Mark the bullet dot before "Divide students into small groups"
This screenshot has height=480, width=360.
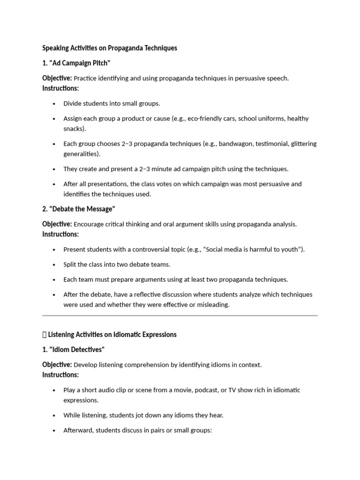[x=54, y=104]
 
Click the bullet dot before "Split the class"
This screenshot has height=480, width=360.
[x=54, y=265]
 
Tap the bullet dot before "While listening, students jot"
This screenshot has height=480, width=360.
[x=54, y=416]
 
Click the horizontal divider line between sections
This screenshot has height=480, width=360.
[x=180, y=316]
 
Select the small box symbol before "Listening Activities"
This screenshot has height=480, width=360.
[x=44, y=335]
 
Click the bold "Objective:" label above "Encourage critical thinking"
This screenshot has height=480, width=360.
[x=57, y=224]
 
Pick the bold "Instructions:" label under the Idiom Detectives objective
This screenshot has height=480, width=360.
[x=60, y=375]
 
